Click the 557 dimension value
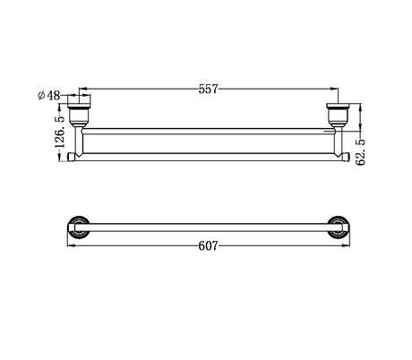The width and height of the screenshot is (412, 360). tap(209, 89)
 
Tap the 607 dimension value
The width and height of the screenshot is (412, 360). tap(209, 246)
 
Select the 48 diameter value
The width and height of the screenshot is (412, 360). tap(54, 96)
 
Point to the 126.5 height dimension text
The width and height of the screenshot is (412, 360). tap(60, 132)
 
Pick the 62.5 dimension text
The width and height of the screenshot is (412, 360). tap(361, 152)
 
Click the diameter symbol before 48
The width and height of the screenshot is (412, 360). tap(41, 96)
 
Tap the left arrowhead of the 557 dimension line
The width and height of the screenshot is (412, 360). tap(82, 89)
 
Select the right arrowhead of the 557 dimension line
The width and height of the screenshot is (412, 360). tap(334, 89)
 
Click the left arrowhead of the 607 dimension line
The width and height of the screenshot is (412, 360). tap(72, 245)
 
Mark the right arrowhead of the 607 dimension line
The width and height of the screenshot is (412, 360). tap(346, 245)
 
